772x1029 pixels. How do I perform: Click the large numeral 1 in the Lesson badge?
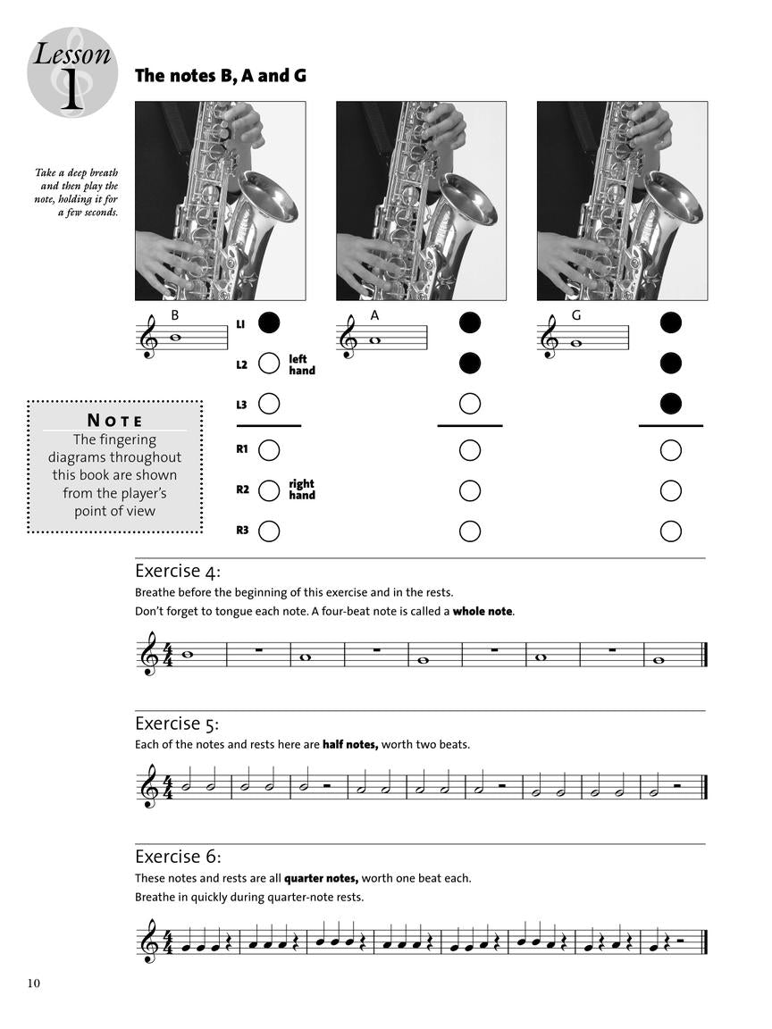coord(71,89)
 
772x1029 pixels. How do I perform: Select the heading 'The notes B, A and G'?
coord(220,76)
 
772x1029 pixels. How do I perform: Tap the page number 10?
coord(33,983)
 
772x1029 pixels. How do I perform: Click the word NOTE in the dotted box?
coord(114,420)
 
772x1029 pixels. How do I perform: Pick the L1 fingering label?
coord(241,323)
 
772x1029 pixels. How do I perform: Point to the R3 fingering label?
coord(241,531)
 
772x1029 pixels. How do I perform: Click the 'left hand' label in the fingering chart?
coord(301,364)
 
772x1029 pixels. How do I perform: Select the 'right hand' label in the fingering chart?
coord(301,489)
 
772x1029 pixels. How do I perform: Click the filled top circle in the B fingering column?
coord(269,322)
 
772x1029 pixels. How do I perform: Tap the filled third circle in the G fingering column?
coord(671,404)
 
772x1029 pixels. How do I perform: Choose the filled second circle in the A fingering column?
coord(470,364)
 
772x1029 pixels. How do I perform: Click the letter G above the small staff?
coord(576,314)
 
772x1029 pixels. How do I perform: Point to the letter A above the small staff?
coord(374,314)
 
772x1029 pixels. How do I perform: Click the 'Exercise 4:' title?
coord(177,571)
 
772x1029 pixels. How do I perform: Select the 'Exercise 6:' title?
coord(177,856)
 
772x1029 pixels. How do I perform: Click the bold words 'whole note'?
coord(482,612)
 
